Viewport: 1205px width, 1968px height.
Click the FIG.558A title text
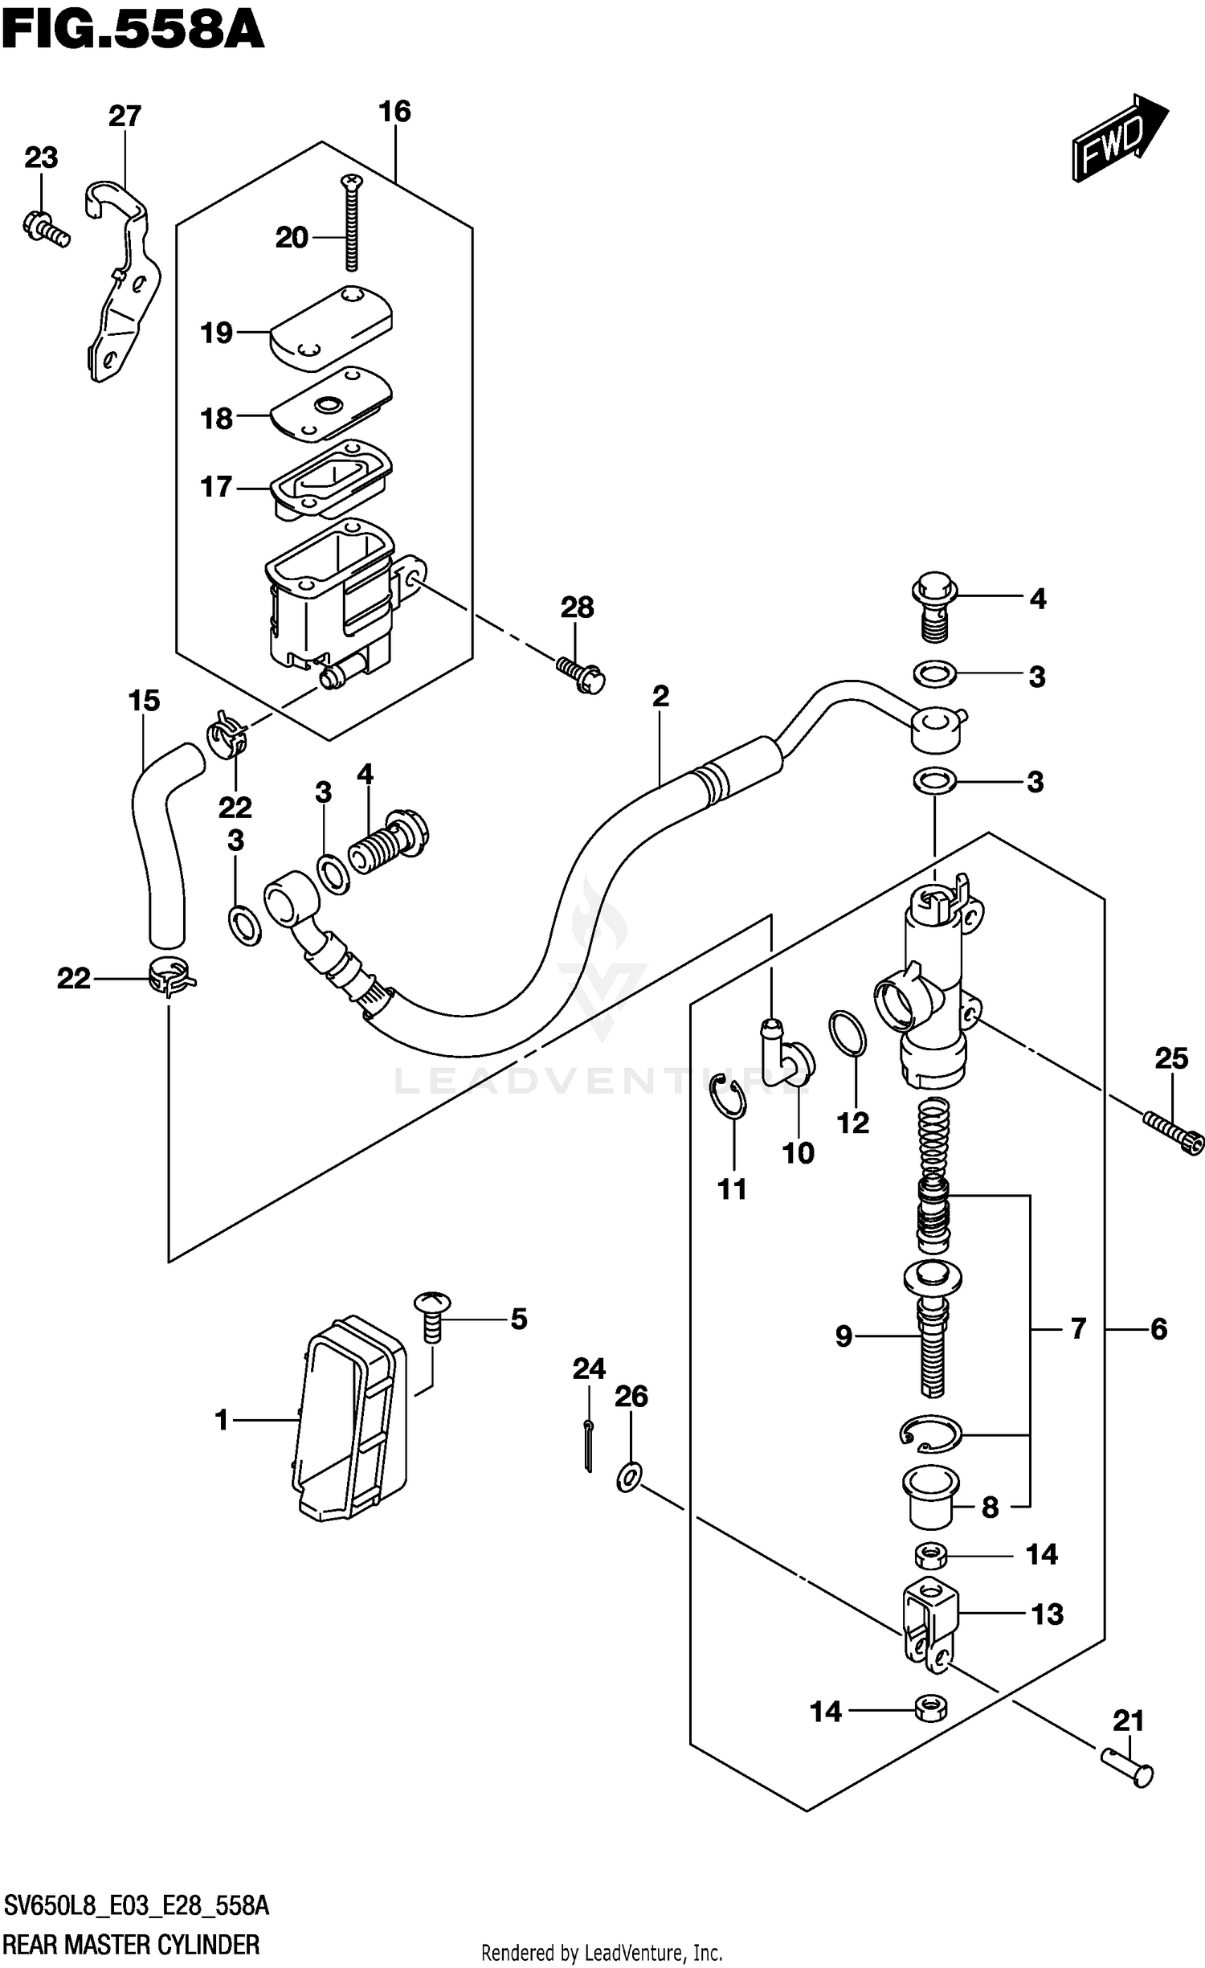click(x=133, y=31)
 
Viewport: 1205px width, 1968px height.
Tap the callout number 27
click(x=125, y=117)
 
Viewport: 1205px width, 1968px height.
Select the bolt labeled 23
click(x=45, y=226)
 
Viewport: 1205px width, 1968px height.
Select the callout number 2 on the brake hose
click(x=660, y=696)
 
